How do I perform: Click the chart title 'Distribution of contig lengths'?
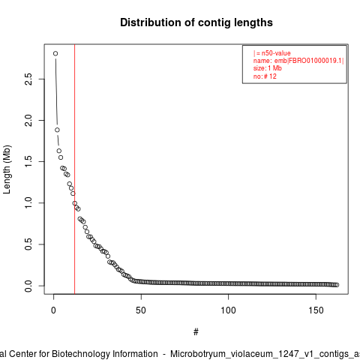coord(196,22)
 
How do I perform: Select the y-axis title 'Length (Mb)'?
coord(7,169)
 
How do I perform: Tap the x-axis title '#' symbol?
coord(196,332)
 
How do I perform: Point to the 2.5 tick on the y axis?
coord(28,79)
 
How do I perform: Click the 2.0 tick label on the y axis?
coord(28,120)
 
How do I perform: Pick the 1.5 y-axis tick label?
coord(28,161)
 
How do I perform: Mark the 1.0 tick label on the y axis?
coord(28,202)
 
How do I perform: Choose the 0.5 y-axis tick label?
coord(28,244)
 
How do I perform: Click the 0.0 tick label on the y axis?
coord(28,286)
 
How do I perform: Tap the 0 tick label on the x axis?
coord(53,310)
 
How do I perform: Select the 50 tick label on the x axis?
coord(141,310)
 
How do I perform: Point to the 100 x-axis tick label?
coord(228,310)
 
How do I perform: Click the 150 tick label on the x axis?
coord(316,310)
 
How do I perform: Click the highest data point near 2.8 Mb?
coord(55,53)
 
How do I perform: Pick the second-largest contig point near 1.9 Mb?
coord(57,130)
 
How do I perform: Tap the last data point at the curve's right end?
coord(337,285)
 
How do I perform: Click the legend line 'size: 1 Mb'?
coord(268,68)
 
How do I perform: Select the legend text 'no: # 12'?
coord(265,76)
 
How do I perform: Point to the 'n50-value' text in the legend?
coord(276,53)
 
